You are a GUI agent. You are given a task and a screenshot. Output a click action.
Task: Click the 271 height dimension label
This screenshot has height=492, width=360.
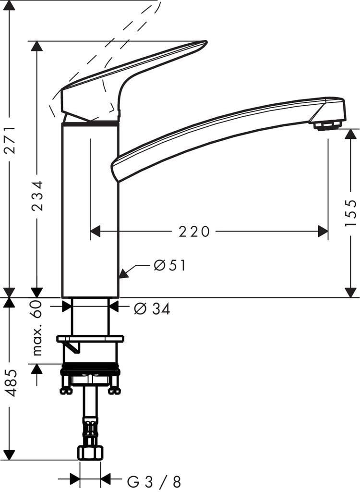[x=10, y=140]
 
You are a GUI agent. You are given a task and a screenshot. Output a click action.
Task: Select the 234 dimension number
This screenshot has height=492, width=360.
[x=37, y=196]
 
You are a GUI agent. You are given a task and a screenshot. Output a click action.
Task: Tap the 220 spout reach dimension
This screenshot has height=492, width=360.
[x=194, y=232]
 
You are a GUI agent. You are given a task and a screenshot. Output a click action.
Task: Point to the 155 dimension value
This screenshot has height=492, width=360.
[x=351, y=213]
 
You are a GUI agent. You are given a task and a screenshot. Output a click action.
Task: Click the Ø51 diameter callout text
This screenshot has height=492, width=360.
[x=169, y=265]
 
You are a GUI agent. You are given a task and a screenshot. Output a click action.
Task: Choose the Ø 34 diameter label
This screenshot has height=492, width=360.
[x=152, y=309]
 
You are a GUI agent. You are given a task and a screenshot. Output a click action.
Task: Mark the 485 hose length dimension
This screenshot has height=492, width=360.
[x=11, y=383]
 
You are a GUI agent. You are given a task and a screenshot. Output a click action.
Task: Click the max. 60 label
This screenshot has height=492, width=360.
[x=37, y=328]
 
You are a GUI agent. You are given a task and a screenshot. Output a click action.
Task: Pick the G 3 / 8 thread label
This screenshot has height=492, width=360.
[x=154, y=481]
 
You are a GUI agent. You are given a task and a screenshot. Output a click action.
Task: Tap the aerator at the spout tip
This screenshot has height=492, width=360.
[x=327, y=125]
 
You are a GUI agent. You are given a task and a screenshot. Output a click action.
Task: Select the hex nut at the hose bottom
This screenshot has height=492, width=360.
[x=90, y=453]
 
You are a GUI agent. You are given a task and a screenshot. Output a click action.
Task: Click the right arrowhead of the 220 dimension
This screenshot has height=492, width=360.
[x=323, y=232]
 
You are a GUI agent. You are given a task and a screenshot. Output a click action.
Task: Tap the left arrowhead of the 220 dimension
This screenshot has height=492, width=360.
[x=96, y=232]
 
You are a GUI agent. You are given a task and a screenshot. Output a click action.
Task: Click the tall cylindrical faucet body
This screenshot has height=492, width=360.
[x=90, y=211]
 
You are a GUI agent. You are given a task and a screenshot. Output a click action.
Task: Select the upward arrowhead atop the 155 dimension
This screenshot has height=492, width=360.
[x=351, y=134]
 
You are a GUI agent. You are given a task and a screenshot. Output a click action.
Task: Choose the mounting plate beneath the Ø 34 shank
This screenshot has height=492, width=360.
[x=90, y=339]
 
